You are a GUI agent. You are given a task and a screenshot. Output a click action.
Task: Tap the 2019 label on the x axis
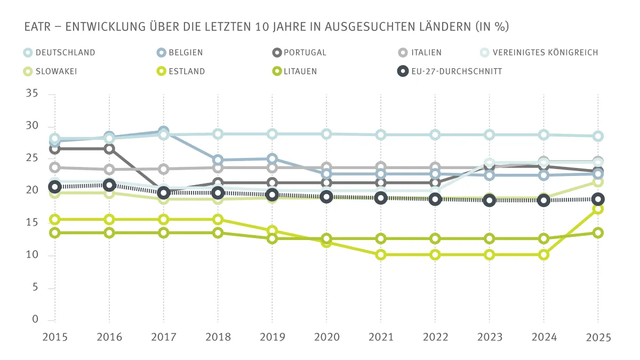click(x=272, y=338)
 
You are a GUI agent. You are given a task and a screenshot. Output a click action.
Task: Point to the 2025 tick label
click(x=598, y=338)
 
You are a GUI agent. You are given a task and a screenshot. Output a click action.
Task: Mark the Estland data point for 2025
click(x=598, y=209)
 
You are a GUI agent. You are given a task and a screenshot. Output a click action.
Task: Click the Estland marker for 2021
click(x=381, y=255)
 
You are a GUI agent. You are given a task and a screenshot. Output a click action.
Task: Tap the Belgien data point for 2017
click(x=164, y=131)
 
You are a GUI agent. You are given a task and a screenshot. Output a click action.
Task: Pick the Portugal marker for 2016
click(x=109, y=149)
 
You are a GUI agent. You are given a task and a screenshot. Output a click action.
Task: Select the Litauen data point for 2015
click(x=54, y=233)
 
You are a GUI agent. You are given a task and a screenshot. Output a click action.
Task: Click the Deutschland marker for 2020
click(x=326, y=134)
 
